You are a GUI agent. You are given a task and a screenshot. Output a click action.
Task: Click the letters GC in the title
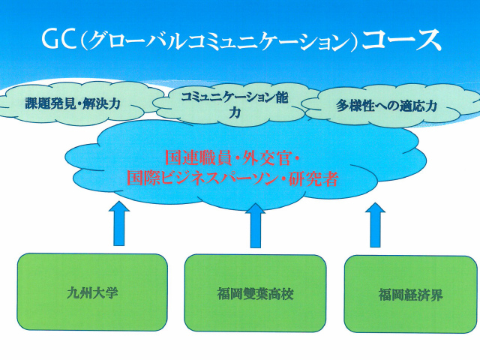[58, 39]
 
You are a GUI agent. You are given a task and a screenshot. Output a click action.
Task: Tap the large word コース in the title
[401, 40]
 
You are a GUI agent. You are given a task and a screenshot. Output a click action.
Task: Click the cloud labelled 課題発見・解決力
[73, 103]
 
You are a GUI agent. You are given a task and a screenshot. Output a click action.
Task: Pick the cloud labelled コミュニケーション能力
[234, 105]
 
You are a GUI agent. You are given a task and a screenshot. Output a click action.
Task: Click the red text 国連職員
[196, 158]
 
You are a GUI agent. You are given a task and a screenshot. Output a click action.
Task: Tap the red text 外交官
[265, 158]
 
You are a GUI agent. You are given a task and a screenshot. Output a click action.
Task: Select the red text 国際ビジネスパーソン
[202, 178]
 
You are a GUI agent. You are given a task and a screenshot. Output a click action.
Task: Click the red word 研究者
[313, 178]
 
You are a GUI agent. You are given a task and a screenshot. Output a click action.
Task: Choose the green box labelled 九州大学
[92, 292]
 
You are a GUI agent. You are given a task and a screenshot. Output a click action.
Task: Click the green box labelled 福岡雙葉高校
[255, 293]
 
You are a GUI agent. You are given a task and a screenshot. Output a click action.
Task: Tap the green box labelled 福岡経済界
[410, 294]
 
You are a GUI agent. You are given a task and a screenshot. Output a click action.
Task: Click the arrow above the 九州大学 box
[119, 223]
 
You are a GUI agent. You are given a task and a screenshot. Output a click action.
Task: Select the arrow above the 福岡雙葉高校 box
[255, 225]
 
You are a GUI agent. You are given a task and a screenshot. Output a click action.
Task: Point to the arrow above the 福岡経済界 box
[375, 225]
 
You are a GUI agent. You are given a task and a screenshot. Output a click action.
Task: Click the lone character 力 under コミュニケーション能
[235, 112]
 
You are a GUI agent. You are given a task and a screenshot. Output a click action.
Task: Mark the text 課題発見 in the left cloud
[50, 103]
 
